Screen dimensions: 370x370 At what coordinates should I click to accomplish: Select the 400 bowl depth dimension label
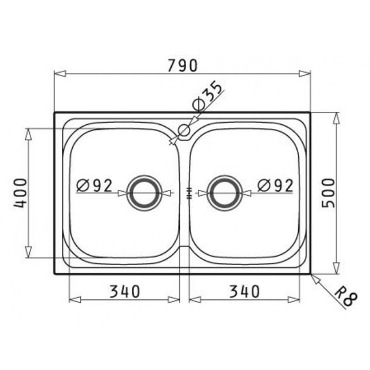tap(20, 193)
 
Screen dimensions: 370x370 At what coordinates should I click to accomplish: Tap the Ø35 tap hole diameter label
tap(208, 96)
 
